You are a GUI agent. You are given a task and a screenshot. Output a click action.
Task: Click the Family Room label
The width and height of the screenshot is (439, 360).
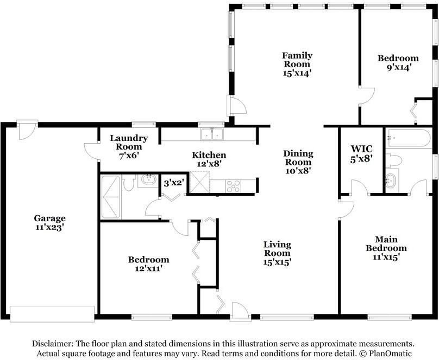(x=297, y=60)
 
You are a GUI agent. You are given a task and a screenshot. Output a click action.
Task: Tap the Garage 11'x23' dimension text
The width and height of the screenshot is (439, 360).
(x=50, y=227)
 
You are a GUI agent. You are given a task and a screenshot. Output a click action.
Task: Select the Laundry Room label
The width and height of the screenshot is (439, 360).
(x=129, y=142)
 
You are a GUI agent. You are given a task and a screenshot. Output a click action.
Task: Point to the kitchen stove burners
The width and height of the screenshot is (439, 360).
(x=233, y=187)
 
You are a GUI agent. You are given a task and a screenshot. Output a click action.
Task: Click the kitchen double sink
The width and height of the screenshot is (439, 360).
(x=212, y=134)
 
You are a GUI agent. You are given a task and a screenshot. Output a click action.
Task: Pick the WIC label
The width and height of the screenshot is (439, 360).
(x=361, y=149)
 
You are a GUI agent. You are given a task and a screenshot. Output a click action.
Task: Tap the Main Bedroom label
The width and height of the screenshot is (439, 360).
(x=386, y=243)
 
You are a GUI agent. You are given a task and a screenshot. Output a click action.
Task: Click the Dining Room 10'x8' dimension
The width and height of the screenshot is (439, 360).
(x=298, y=171)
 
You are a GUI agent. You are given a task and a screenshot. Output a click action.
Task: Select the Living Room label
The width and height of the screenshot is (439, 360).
(x=277, y=249)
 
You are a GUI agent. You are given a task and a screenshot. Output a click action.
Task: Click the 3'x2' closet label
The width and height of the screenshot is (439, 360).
(x=173, y=183)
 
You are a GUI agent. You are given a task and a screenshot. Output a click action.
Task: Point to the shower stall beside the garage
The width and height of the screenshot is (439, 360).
(x=111, y=197)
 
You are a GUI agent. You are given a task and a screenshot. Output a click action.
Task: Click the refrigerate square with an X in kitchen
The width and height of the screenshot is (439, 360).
(x=199, y=182)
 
